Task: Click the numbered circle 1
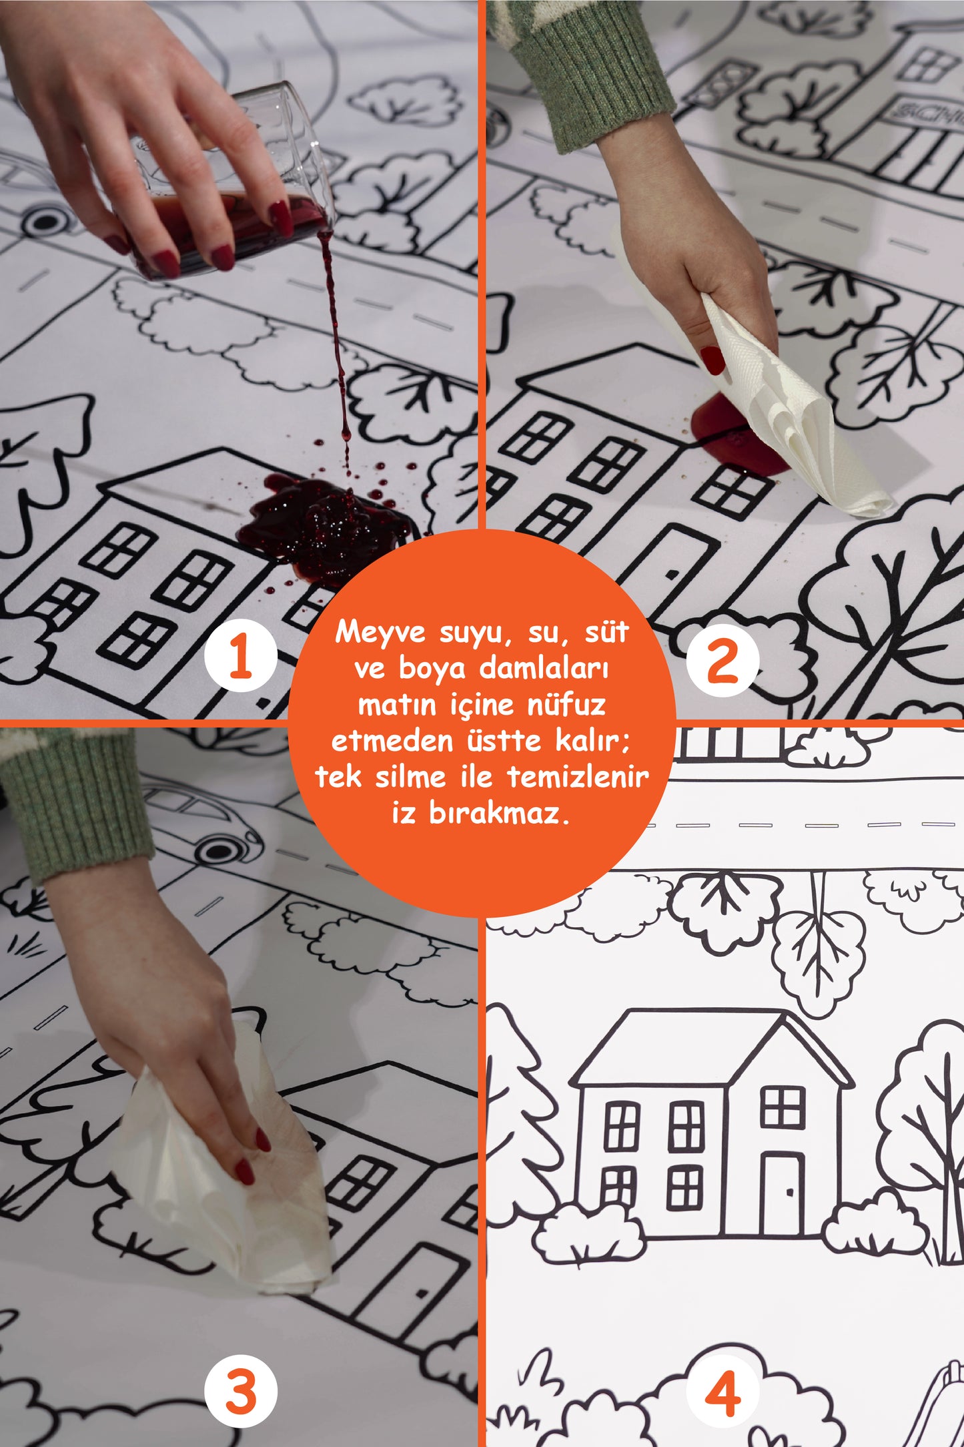[x=240, y=655]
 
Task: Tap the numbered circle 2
[x=722, y=659]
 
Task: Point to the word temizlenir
[x=578, y=776]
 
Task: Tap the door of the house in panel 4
[x=783, y=1194]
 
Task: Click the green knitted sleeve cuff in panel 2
[x=594, y=73]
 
